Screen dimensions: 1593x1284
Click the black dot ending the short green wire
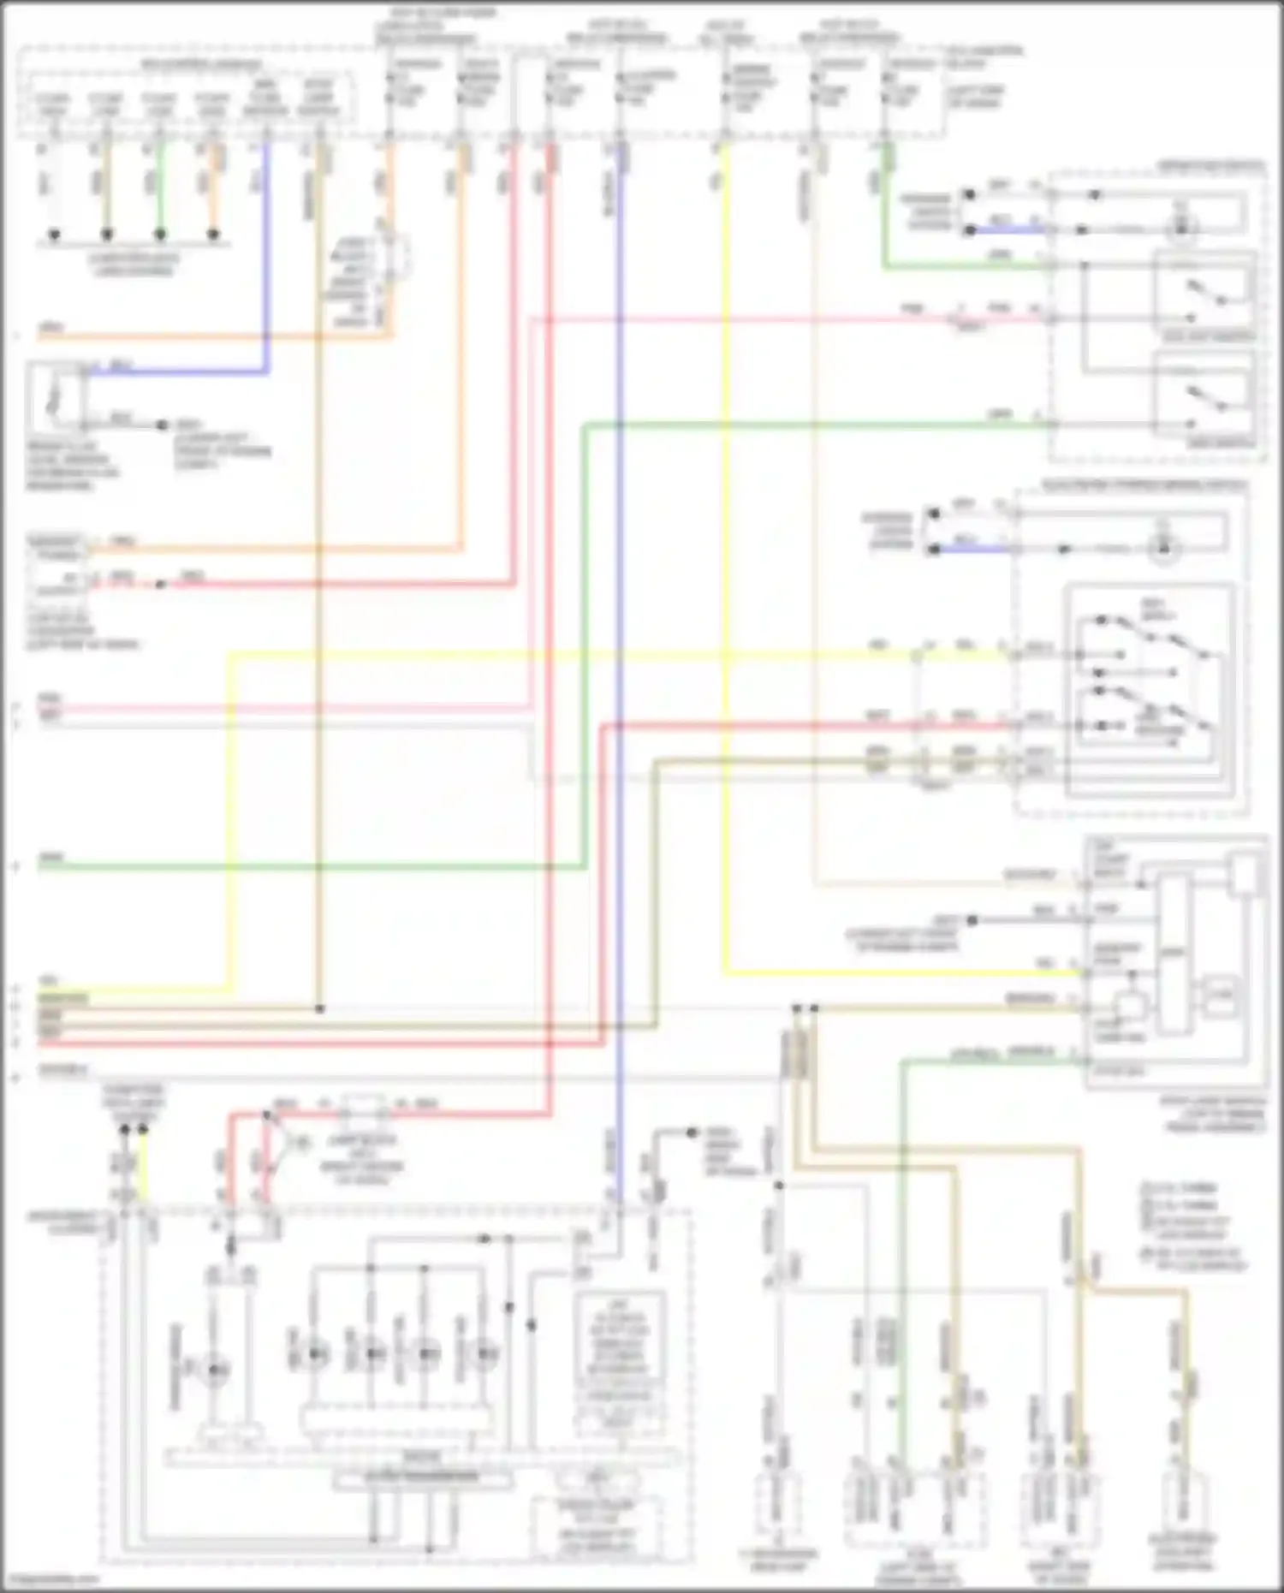[159, 234]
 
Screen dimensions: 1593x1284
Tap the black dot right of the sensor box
[161, 425]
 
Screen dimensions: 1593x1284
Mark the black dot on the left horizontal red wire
[160, 585]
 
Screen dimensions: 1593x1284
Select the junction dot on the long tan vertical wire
[319, 1009]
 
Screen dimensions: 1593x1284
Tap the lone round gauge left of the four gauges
[214, 1370]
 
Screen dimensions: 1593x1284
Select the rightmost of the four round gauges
[485, 1353]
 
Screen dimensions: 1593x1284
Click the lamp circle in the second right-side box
[1162, 549]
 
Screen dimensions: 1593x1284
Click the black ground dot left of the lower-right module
[972, 920]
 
